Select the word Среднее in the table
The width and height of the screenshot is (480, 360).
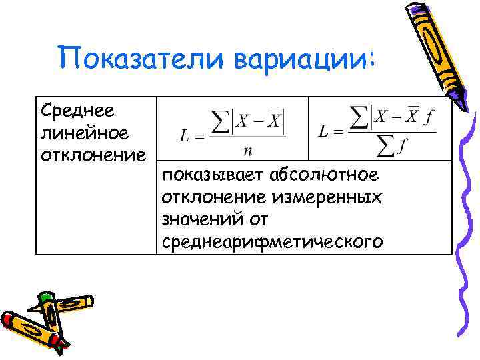click(77, 109)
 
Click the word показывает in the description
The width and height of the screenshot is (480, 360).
click(214, 175)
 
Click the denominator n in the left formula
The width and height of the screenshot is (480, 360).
click(247, 151)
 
